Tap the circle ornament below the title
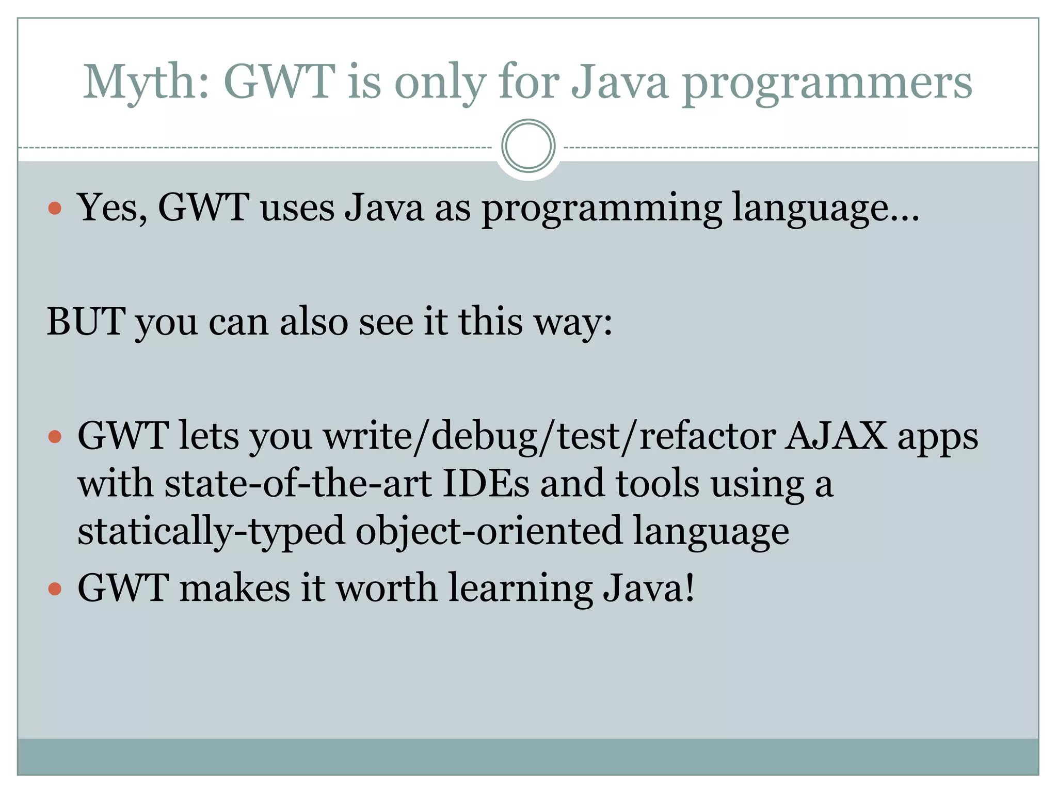click(x=528, y=146)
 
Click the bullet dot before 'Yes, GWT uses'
click(x=55, y=209)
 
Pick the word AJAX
click(x=836, y=436)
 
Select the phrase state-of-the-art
click(x=298, y=484)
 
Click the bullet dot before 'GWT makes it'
click(x=55, y=589)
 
